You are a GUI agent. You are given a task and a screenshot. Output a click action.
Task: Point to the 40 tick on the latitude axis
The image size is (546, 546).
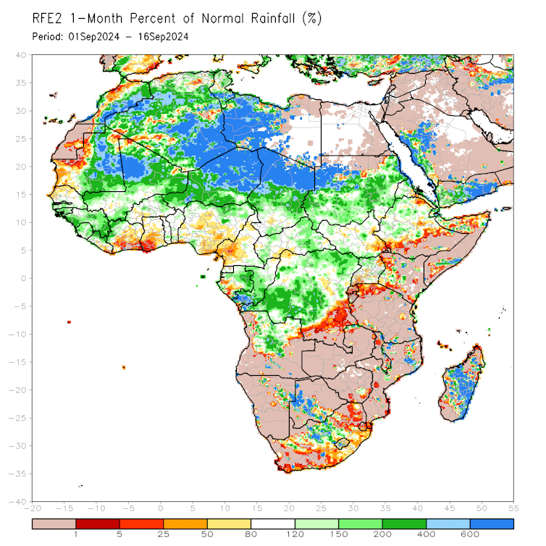22,55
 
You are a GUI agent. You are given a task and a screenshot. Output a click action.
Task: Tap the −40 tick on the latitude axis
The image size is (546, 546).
20,501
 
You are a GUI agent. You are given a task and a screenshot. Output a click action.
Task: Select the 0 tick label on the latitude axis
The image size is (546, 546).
24,278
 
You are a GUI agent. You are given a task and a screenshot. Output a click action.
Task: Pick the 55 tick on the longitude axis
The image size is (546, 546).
514,509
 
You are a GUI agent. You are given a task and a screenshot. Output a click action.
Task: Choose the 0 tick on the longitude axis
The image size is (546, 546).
161,509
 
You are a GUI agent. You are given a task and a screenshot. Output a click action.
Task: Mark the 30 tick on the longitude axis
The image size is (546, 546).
353,509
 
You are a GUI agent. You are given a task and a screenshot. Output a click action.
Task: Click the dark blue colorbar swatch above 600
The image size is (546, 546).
492,522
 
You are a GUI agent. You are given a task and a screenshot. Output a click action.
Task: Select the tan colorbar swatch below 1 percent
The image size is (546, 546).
54,522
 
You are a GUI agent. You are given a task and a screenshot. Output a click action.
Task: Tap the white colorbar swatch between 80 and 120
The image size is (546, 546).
272,522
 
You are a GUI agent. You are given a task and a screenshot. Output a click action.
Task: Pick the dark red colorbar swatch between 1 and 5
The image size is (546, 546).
98,522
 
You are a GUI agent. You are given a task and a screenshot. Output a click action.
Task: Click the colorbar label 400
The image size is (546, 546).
426,535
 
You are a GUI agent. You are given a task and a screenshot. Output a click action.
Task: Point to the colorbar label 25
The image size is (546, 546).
164,535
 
